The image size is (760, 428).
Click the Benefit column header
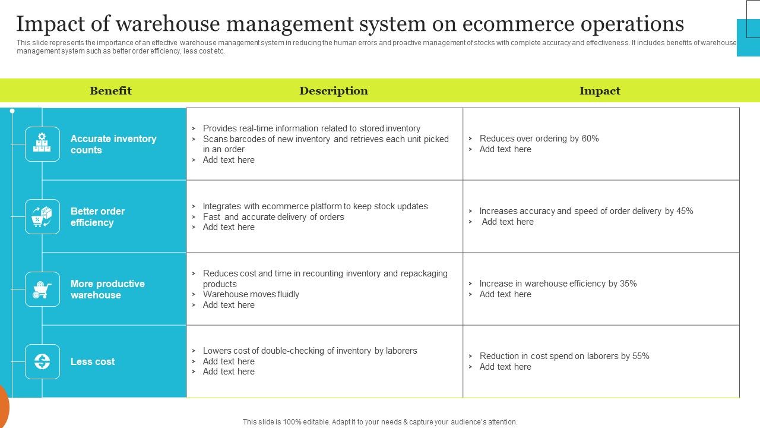110,91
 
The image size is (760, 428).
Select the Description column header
333,91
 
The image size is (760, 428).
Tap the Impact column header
600,91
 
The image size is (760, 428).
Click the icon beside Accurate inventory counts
42,144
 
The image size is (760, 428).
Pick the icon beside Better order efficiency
42,216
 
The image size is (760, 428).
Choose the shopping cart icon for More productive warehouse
42,289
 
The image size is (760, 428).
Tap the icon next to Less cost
42,361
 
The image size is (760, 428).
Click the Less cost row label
93,361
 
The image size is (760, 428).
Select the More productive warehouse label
107,289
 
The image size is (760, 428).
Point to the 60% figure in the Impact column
590,139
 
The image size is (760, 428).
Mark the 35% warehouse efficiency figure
628,284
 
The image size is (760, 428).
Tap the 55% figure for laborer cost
641,356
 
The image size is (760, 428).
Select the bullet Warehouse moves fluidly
251,294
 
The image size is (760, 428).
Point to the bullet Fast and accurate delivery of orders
273,217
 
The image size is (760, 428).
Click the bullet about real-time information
311,128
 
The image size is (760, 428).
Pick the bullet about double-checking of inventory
310,351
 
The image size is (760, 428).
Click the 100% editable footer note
380,422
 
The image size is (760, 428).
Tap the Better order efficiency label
97,217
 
